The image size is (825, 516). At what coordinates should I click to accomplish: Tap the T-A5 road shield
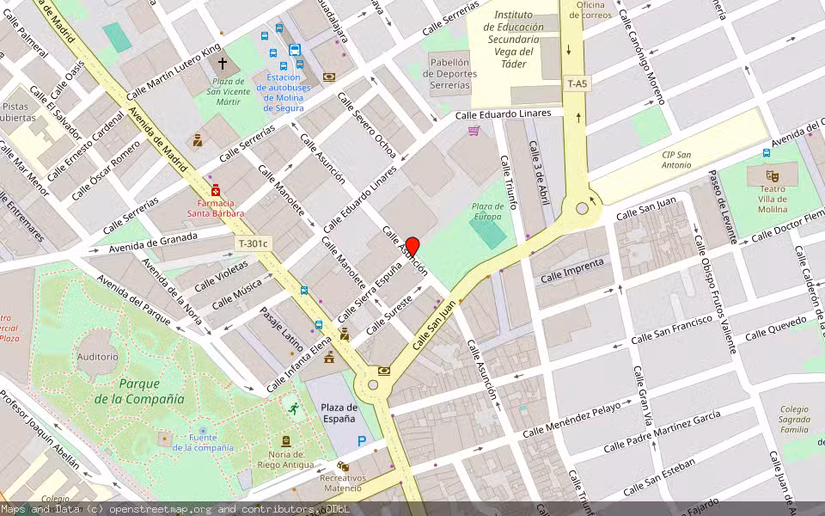click(x=577, y=83)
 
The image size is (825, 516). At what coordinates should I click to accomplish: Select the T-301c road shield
click(x=254, y=243)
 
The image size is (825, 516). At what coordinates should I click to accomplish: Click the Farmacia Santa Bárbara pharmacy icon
click(x=216, y=190)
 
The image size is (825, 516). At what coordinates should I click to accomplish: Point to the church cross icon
click(x=223, y=64)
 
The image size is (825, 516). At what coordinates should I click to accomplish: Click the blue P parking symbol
click(x=362, y=441)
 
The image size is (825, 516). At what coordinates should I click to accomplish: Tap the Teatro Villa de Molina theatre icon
click(x=771, y=175)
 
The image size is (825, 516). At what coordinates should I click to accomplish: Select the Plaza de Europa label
click(x=488, y=211)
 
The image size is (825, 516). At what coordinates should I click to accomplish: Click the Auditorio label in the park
click(x=97, y=356)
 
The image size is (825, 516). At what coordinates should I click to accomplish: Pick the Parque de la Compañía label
click(x=151, y=392)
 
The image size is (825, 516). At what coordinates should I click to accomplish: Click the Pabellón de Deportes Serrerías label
click(x=450, y=74)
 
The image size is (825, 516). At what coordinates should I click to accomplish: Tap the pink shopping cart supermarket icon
click(x=474, y=131)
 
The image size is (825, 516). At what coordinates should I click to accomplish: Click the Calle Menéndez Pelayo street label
click(x=571, y=418)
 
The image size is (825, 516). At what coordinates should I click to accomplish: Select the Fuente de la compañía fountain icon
click(x=203, y=430)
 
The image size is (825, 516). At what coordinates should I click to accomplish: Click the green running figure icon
click(x=294, y=408)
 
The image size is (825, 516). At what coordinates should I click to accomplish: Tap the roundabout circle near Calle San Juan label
click(x=583, y=208)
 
